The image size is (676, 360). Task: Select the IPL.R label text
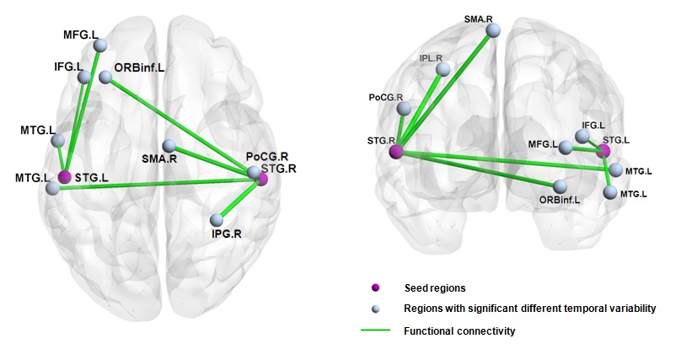(x=430, y=58)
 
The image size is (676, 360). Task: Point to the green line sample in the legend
(x=375, y=331)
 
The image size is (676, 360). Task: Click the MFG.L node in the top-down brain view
(x=100, y=46)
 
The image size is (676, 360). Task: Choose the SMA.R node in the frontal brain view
(x=495, y=30)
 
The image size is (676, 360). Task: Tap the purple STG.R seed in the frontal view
(x=397, y=152)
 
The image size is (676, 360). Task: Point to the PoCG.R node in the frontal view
(x=404, y=109)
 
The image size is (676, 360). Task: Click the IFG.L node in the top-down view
(x=84, y=78)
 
